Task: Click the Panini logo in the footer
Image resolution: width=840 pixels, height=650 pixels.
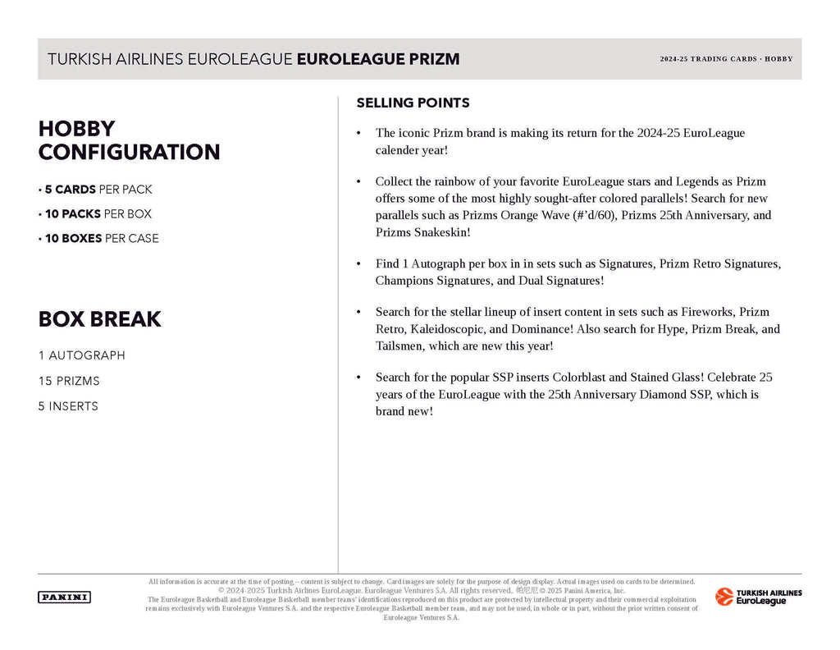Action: click(x=64, y=597)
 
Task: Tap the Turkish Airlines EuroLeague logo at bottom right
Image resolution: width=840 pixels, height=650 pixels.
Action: click(x=759, y=597)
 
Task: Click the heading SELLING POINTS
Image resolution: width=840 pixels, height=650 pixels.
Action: click(x=413, y=103)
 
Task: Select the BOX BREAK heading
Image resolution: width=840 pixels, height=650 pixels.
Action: click(x=99, y=318)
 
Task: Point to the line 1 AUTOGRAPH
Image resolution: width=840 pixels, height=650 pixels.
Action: click(x=81, y=355)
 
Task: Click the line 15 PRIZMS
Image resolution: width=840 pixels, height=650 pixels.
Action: click(x=70, y=381)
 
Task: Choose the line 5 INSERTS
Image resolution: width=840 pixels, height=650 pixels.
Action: click(x=68, y=406)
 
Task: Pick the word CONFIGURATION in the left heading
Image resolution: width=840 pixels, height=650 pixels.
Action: click(x=129, y=152)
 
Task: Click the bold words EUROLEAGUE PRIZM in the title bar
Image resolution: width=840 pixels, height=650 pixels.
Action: click(x=377, y=59)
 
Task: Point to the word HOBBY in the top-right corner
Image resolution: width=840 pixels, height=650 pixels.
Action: click(x=778, y=59)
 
